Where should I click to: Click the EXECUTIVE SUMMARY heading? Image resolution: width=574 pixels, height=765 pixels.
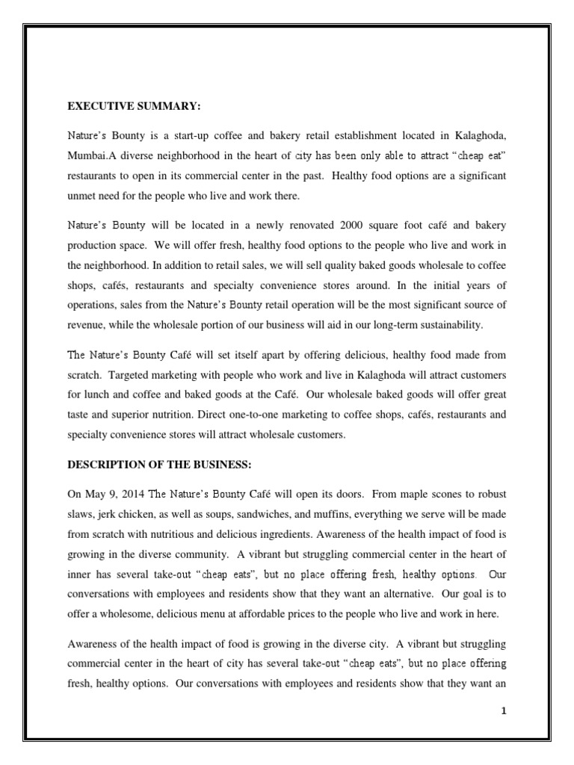click(135, 107)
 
